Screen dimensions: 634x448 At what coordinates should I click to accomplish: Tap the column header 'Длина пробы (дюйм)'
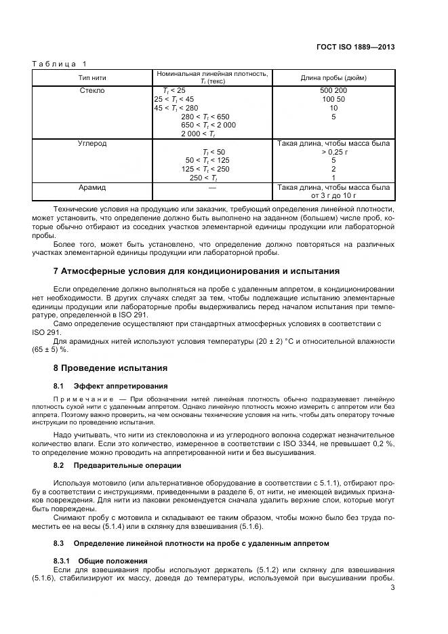333,77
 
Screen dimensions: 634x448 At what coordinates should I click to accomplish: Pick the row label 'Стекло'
93,90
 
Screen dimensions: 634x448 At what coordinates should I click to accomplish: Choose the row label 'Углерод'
93,144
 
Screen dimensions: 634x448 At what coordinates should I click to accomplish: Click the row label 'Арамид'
93,187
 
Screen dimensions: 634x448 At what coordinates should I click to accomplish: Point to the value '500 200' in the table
333,90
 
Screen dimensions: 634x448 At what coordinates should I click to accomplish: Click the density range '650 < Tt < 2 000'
209,125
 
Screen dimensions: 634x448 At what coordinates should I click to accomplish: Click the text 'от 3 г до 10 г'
333,196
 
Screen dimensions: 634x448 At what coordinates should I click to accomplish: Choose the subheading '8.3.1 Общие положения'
100,561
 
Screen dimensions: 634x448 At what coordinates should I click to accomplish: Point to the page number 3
393,588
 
